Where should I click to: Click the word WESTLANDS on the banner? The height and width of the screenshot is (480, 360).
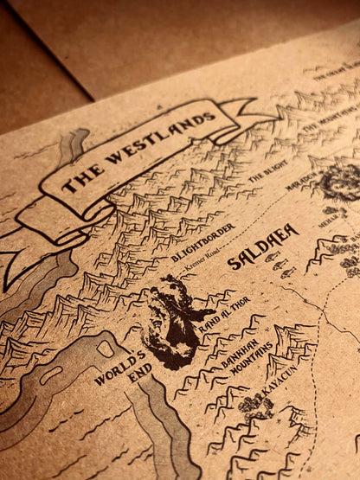tap(164, 139)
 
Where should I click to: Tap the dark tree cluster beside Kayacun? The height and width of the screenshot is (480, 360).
tap(255, 406)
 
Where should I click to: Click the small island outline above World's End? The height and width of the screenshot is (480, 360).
tap(106, 348)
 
